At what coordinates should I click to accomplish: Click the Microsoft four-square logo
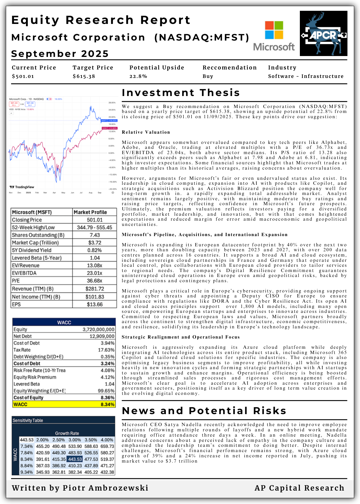[274, 30]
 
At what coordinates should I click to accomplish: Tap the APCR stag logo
[324, 33]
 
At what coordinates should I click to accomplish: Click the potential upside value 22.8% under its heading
[138, 76]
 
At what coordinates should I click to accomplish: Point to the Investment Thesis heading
[181, 93]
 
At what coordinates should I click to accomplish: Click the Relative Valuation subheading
[146, 132]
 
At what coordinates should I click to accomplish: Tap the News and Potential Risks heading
[204, 411]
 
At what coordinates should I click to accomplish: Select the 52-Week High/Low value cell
[94, 227]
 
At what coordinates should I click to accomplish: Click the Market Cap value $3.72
[95, 243]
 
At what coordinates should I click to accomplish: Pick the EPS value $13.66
[95, 304]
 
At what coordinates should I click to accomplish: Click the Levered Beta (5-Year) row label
[37, 258]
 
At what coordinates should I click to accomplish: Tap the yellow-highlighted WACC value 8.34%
[107, 404]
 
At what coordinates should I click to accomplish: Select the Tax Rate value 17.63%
[107, 350]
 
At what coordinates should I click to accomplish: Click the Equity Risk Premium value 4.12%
[107, 377]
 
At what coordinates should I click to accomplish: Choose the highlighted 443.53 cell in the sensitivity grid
[75, 459]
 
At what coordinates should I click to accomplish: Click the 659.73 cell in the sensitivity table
[107, 446]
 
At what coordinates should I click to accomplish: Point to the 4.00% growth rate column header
[107, 440]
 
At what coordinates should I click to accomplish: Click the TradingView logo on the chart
[22, 187]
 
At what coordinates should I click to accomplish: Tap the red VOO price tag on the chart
[109, 128]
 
